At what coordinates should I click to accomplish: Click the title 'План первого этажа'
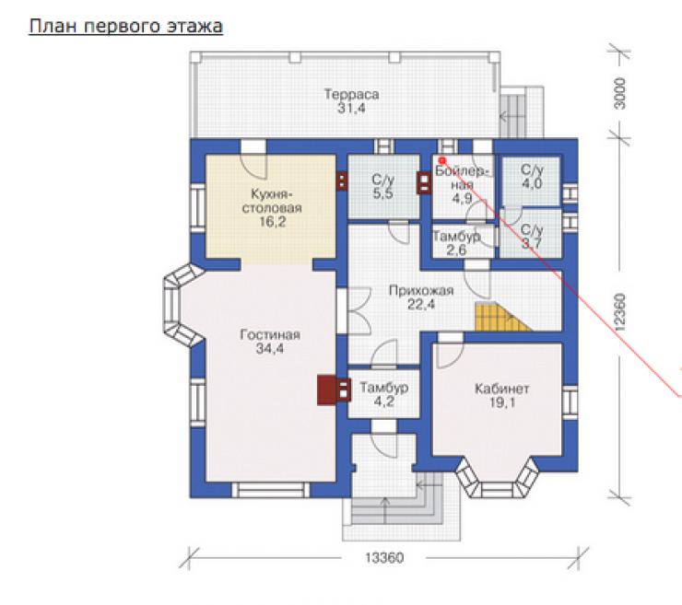point(125,27)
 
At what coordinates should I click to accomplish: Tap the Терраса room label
point(351,94)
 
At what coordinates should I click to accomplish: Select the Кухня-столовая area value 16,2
point(272,222)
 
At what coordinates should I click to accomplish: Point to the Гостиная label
point(270,334)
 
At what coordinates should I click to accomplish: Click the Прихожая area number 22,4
point(420,304)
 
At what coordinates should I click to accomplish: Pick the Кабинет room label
point(501,388)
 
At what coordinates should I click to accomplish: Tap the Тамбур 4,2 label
point(383,394)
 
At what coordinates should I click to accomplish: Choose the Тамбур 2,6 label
point(456,243)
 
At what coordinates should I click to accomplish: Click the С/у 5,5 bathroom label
point(383,186)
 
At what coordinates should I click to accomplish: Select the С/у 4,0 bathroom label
point(532,177)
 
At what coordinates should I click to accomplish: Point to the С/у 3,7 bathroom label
point(532,237)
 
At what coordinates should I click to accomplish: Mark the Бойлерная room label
point(463,178)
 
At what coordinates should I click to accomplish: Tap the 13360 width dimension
point(384,558)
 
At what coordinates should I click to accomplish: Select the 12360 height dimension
point(620,312)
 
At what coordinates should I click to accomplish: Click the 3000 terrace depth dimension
point(620,93)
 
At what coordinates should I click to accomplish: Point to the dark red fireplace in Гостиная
point(334,390)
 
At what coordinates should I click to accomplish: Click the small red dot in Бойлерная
point(442,161)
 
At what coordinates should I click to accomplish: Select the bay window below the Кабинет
point(497,477)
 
